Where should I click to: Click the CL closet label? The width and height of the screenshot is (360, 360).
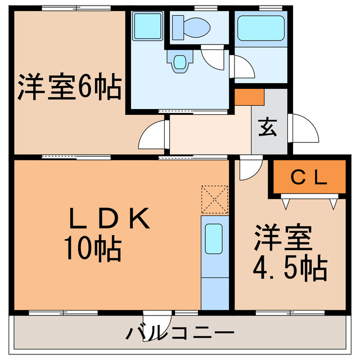point(309,177)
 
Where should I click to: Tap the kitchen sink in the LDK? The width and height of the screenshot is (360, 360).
point(214,240)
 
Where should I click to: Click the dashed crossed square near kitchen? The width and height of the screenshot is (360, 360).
point(214,199)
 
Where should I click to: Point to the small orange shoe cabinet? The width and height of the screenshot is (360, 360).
point(249,97)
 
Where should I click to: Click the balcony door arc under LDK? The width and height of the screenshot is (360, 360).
point(154,320)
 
